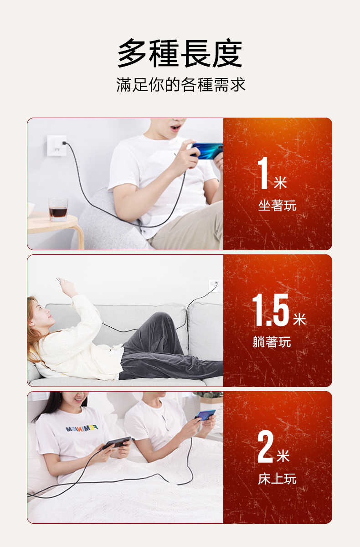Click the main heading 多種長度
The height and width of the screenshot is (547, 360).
pyautogui.click(x=180, y=53)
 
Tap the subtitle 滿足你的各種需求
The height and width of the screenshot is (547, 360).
pyautogui.click(x=180, y=85)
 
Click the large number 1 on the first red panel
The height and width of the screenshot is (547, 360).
pyautogui.click(x=263, y=173)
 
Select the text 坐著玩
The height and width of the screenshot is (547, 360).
pyautogui.click(x=277, y=206)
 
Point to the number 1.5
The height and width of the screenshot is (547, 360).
pyautogui.click(x=270, y=310)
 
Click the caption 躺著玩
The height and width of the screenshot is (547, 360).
pyautogui.click(x=272, y=341)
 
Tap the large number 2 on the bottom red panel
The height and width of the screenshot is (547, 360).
pyautogui.click(x=265, y=446)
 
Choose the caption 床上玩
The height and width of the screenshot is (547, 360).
pyautogui.click(x=277, y=479)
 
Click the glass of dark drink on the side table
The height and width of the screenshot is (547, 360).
pyautogui.click(x=58, y=210)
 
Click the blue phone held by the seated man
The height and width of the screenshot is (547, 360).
pyautogui.click(x=207, y=151)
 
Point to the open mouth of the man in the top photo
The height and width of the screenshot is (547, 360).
pyautogui.click(x=175, y=128)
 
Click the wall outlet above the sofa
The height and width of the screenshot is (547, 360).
pyautogui.click(x=214, y=286)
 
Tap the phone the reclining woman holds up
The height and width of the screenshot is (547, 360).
pyautogui.click(x=59, y=280)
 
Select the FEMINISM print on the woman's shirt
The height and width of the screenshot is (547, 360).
pyautogui.click(x=82, y=428)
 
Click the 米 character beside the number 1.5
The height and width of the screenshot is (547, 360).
pyautogui.click(x=299, y=319)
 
